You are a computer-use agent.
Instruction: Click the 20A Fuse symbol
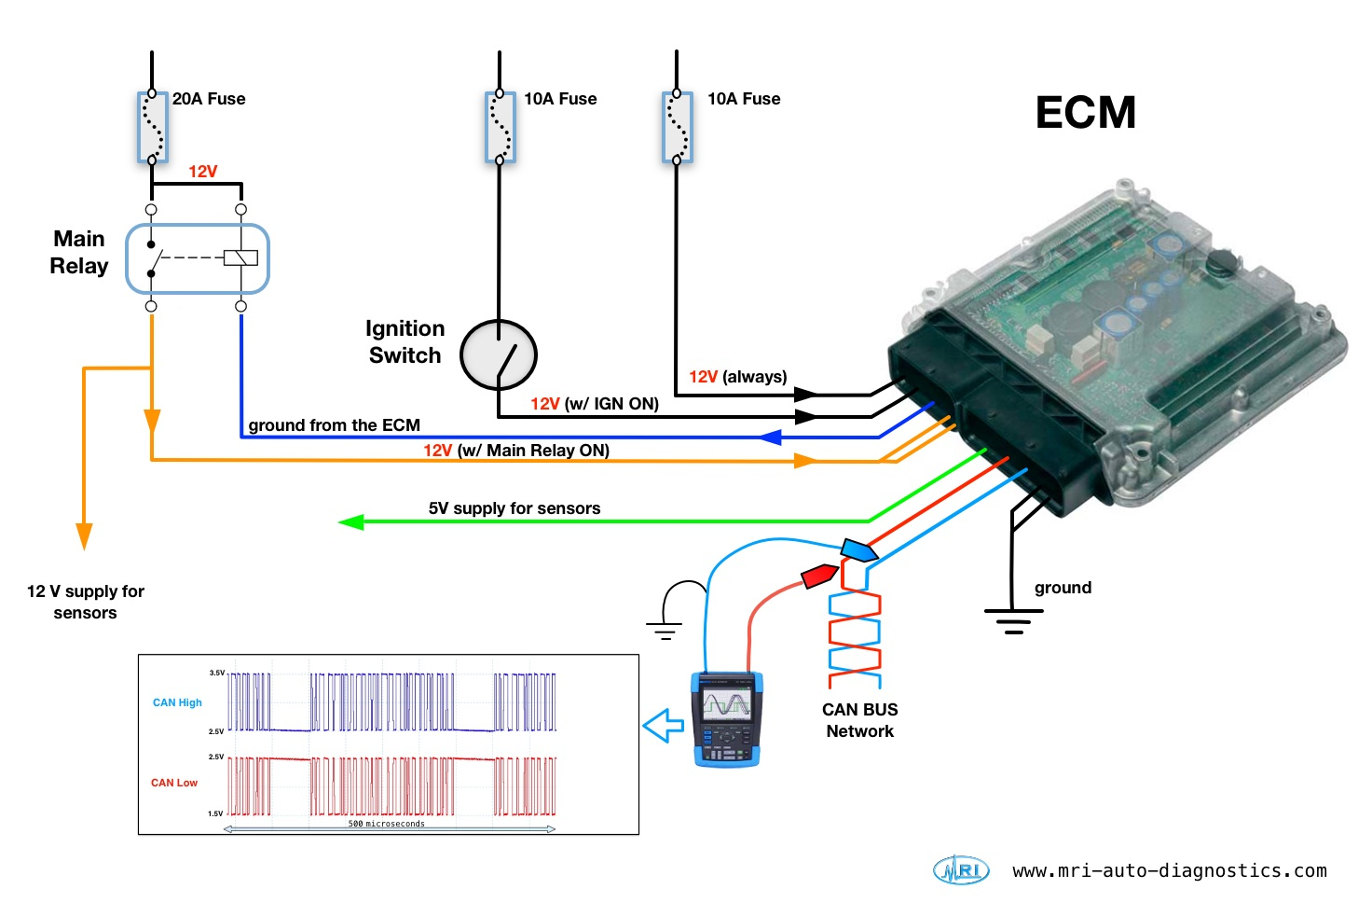point(152,127)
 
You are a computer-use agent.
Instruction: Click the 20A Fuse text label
point(209,99)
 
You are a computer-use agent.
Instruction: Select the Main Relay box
point(198,258)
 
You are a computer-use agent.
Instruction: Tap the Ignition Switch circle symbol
point(499,354)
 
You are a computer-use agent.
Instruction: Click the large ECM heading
point(1085,113)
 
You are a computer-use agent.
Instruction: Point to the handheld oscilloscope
point(727,718)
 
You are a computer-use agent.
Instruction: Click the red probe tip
point(820,576)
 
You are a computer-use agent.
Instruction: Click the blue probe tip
point(858,549)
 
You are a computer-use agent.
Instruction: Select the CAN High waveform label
point(177,702)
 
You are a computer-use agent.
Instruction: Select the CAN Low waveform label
point(174,783)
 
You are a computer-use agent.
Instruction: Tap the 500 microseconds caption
point(386,824)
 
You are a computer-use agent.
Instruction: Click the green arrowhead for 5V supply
point(351,522)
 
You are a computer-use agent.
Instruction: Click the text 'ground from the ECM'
point(334,425)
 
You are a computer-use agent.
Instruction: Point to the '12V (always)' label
point(737,377)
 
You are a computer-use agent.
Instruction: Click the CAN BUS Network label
point(859,720)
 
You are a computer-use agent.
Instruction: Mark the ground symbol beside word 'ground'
point(1013,619)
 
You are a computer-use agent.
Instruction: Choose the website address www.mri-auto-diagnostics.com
point(1169,870)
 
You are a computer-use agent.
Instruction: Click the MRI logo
point(960,870)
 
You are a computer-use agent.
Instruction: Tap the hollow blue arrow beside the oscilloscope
point(665,725)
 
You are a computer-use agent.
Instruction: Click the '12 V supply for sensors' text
point(85,602)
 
